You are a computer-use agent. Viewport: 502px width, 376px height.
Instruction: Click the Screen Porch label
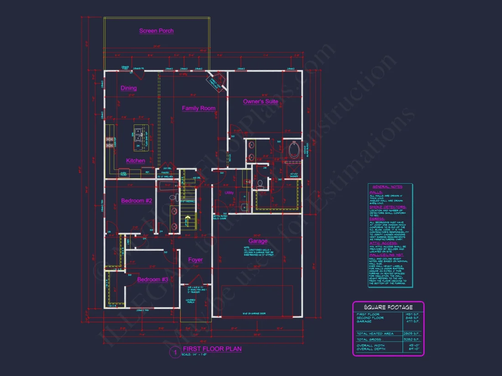[156, 31]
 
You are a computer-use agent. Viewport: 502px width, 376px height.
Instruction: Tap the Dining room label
[129, 88]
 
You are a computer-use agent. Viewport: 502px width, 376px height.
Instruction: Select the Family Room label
[199, 108]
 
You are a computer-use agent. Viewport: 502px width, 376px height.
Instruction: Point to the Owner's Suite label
[261, 102]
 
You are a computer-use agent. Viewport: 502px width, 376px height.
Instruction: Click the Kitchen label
[136, 161]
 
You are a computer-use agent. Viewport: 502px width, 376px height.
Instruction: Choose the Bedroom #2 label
[136, 201]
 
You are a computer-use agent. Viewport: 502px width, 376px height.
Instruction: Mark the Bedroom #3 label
[152, 279]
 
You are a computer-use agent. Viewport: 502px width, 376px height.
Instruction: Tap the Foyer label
[195, 260]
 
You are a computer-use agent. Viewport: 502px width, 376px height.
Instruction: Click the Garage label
[258, 241]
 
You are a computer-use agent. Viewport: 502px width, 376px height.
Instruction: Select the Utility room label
[229, 193]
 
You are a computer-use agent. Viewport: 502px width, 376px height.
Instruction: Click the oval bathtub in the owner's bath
[294, 151]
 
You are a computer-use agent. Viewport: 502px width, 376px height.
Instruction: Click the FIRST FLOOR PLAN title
[212, 349]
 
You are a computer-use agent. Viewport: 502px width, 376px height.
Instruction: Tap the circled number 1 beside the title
[174, 352]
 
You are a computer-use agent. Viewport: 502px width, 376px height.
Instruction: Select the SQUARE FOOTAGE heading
[388, 307]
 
